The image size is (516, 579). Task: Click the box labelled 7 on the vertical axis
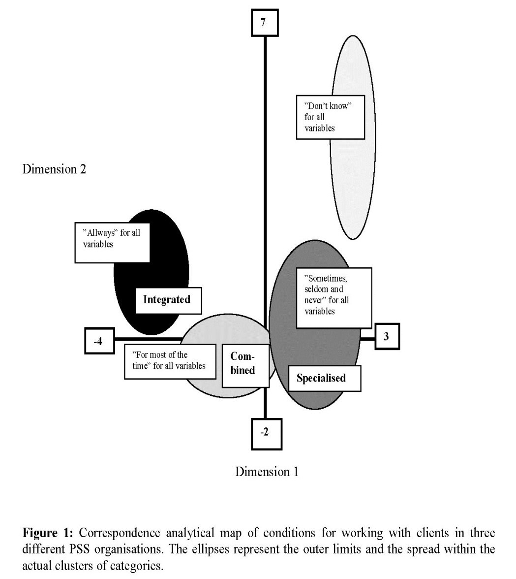(x=265, y=23)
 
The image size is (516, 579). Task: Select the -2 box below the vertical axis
(x=266, y=434)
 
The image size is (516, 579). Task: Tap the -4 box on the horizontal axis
(x=99, y=341)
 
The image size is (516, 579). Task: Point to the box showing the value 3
(x=387, y=336)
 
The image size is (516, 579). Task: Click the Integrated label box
(x=169, y=300)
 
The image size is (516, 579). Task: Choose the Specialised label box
(x=324, y=378)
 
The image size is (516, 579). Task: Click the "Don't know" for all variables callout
(x=331, y=117)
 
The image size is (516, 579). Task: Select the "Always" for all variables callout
(x=112, y=243)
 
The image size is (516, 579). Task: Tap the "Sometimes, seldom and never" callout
(x=334, y=298)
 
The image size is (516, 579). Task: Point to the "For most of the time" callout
(x=170, y=361)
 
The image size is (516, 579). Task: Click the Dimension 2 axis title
(x=54, y=169)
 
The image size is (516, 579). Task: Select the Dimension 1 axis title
(x=267, y=472)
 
